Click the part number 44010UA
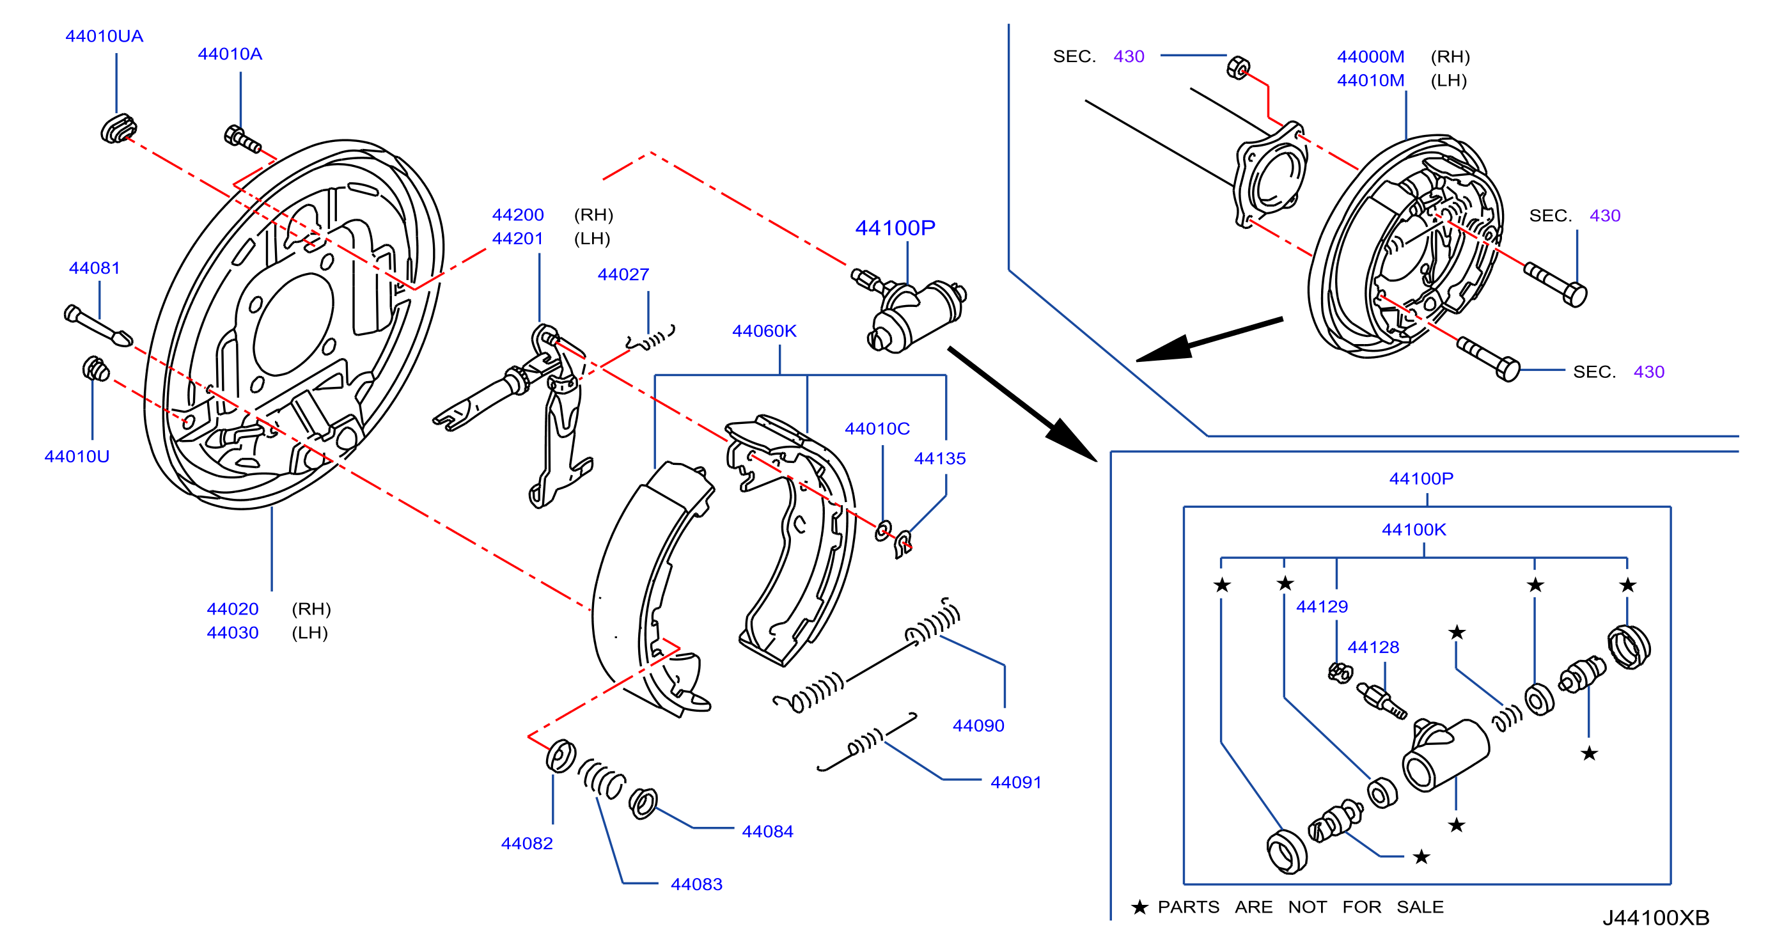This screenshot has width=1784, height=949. coord(104,36)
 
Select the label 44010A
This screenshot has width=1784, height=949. coord(230,54)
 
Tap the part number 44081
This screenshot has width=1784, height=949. coord(94,268)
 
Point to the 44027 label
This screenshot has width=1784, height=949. coord(623,274)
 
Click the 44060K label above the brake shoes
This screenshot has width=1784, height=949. coord(764,331)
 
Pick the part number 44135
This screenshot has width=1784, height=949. coord(940,459)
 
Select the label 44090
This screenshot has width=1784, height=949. coord(978,725)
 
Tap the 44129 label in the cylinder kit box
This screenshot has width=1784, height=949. coord(1322,607)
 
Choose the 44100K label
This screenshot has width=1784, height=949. coord(1414,530)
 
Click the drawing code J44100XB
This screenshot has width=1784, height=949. coord(1656,918)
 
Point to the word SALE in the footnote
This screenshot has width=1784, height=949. coord(1420,907)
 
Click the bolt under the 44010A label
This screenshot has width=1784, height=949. coord(242,139)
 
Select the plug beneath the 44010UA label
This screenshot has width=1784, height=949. coord(118,129)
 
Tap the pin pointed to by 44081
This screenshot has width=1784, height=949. coord(98,326)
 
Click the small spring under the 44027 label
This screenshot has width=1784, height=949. coord(650,339)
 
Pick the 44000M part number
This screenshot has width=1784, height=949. coord(1370,57)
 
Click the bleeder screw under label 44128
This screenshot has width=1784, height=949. coord(1382,701)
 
